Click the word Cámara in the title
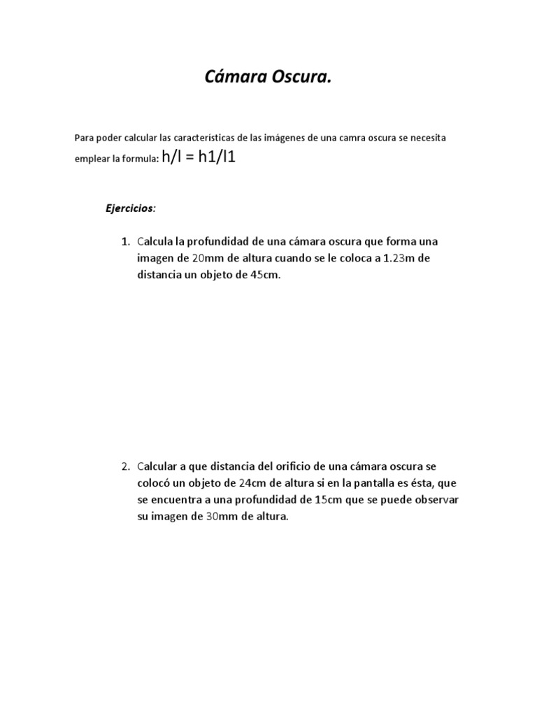[229, 78]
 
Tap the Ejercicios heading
[131, 208]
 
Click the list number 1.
[124, 242]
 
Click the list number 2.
[124, 466]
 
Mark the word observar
[436, 499]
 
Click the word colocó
[157, 482]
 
